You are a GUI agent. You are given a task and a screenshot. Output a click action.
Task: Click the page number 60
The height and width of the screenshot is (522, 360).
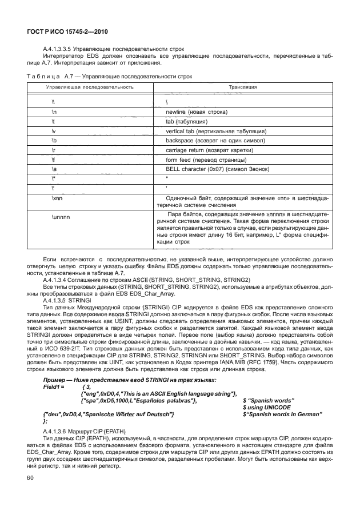pos(27,477)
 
